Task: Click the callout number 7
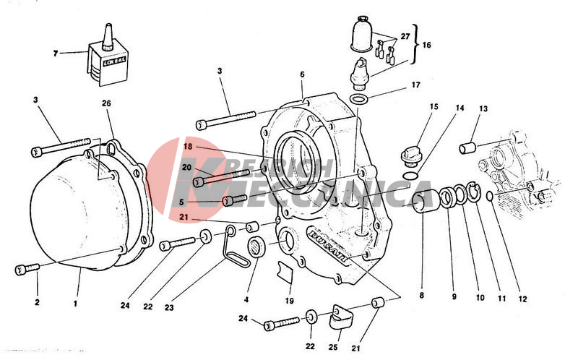pyautogui.click(x=56, y=53)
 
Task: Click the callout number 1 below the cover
pyautogui.click(x=75, y=303)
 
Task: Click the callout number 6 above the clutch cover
pyautogui.click(x=302, y=74)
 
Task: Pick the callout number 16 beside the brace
pyautogui.click(x=426, y=44)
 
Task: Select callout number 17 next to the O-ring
pyautogui.click(x=415, y=85)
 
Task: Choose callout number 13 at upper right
pyautogui.click(x=483, y=108)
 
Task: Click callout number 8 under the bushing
pyautogui.click(x=422, y=296)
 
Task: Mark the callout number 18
pyautogui.click(x=186, y=146)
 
